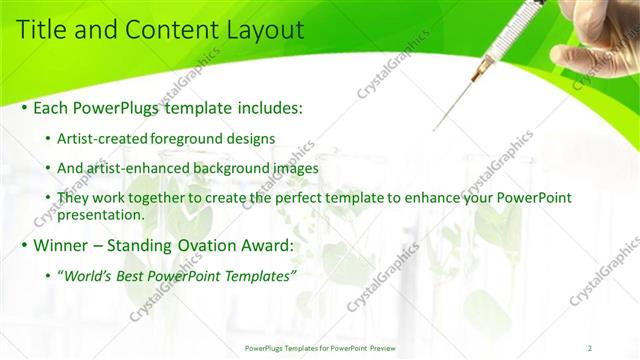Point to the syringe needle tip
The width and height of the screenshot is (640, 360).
[x=435, y=129]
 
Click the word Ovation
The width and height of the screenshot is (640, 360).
[x=207, y=244]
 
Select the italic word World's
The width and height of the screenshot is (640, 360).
[x=89, y=275]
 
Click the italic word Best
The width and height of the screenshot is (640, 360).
[x=134, y=275]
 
